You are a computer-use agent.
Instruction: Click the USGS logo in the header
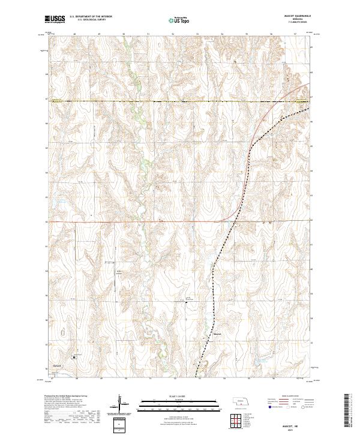[x=56, y=20]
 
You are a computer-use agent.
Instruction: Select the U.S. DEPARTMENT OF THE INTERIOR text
[x=91, y=17]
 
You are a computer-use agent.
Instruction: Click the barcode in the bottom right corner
[x=347, y=412]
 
